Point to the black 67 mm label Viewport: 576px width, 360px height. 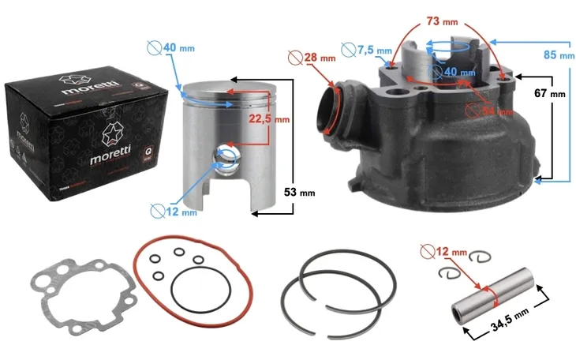point(551,93)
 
